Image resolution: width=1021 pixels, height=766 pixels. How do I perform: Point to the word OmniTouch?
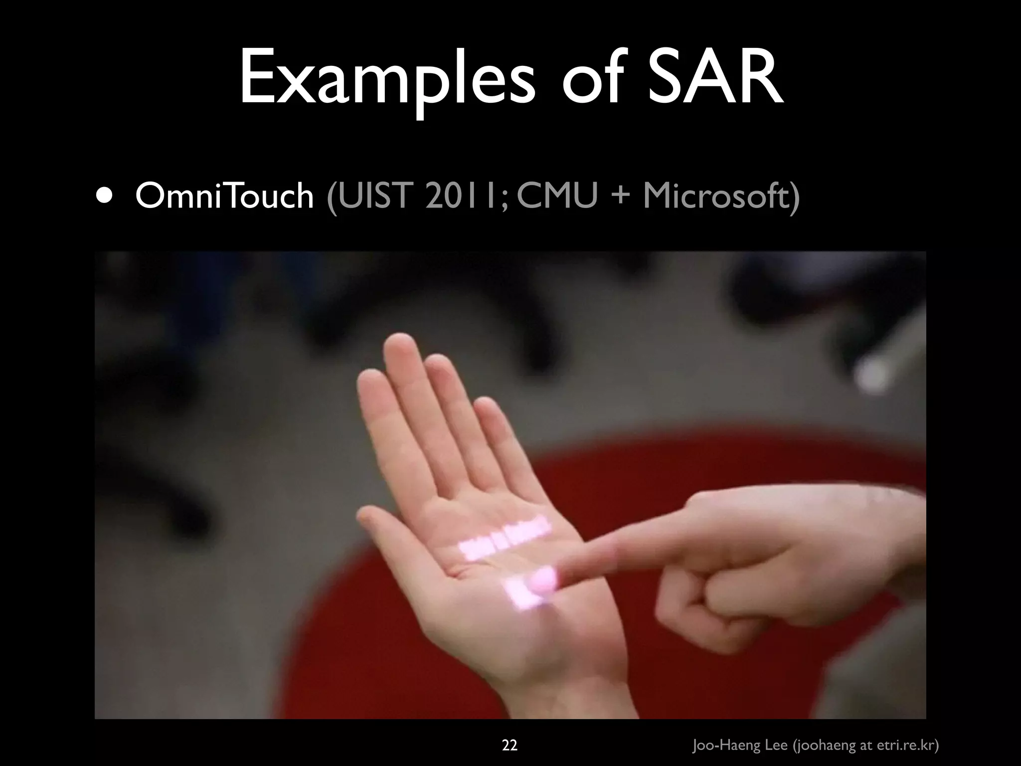[x=224, y=195]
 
